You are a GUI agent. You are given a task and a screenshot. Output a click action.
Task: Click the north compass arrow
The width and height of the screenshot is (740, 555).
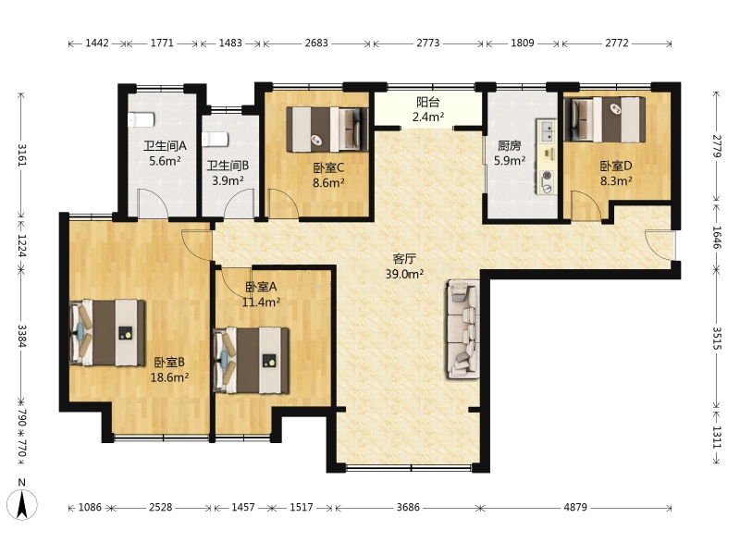(22, 504)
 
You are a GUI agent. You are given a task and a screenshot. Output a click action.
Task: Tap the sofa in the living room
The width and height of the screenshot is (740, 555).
(463, 329)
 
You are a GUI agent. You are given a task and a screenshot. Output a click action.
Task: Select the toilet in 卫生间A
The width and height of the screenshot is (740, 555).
(141, 120)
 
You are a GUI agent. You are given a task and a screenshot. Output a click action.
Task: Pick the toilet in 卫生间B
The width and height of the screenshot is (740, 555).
(216, 140)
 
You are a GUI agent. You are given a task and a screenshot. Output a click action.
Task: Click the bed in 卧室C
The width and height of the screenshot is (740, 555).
(327, 129)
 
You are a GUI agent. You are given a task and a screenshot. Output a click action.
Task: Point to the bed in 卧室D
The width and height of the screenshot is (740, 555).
(605, 119)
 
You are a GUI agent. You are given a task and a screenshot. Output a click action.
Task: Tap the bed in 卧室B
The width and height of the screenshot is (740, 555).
(107, 332)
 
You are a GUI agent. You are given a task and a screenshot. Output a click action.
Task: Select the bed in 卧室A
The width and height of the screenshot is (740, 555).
(251, 360)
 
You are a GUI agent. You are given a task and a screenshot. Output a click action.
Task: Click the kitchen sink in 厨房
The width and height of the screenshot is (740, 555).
(548, 132)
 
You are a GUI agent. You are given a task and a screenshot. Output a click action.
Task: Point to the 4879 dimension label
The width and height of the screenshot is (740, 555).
(575, 507)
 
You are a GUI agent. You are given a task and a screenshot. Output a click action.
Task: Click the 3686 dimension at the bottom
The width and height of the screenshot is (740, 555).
(408, 507)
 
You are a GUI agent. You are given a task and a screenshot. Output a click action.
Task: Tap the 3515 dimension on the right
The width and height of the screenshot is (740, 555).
(717, 338)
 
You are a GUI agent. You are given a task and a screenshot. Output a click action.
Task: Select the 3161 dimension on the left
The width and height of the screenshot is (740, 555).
(21, 154)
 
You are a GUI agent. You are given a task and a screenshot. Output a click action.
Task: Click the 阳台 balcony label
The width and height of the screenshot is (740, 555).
(428, 102)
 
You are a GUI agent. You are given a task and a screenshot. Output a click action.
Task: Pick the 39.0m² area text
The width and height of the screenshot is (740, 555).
(404, 274)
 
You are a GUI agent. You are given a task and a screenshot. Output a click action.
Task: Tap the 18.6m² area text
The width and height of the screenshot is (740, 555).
(169, 377)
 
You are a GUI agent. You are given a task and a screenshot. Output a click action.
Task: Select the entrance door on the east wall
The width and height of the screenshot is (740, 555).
(660, 244)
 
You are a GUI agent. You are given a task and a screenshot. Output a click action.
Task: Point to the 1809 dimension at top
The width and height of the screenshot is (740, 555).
(523, 43)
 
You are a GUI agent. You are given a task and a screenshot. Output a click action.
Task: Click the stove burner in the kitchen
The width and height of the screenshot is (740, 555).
(547, 176)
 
